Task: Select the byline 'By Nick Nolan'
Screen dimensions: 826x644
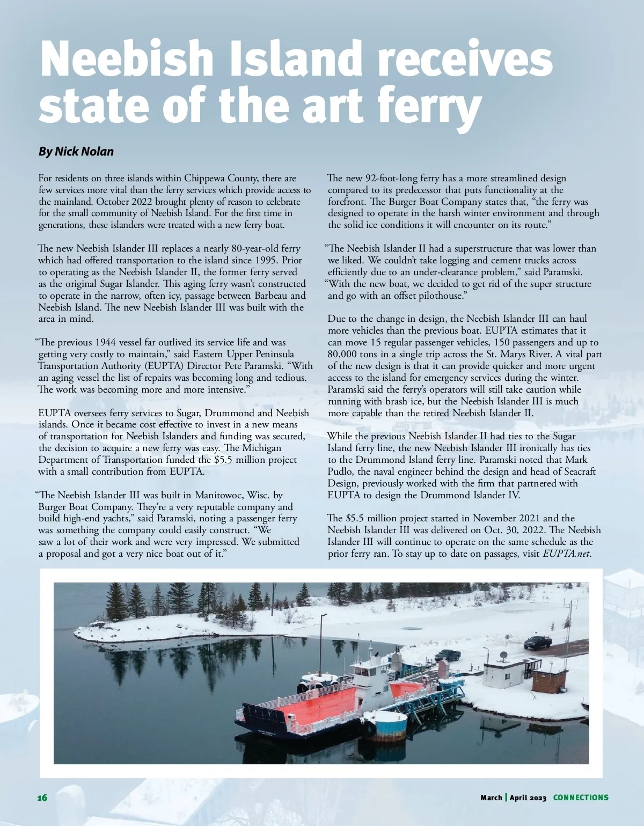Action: pos(76,151)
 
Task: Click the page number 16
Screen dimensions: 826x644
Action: pos(42,798)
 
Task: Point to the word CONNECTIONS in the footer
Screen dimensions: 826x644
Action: pos(581,798)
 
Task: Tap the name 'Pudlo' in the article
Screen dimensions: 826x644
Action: pos(340,471)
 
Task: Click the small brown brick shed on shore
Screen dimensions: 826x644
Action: pos(549,681)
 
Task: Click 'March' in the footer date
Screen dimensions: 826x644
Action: pos(491,798)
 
